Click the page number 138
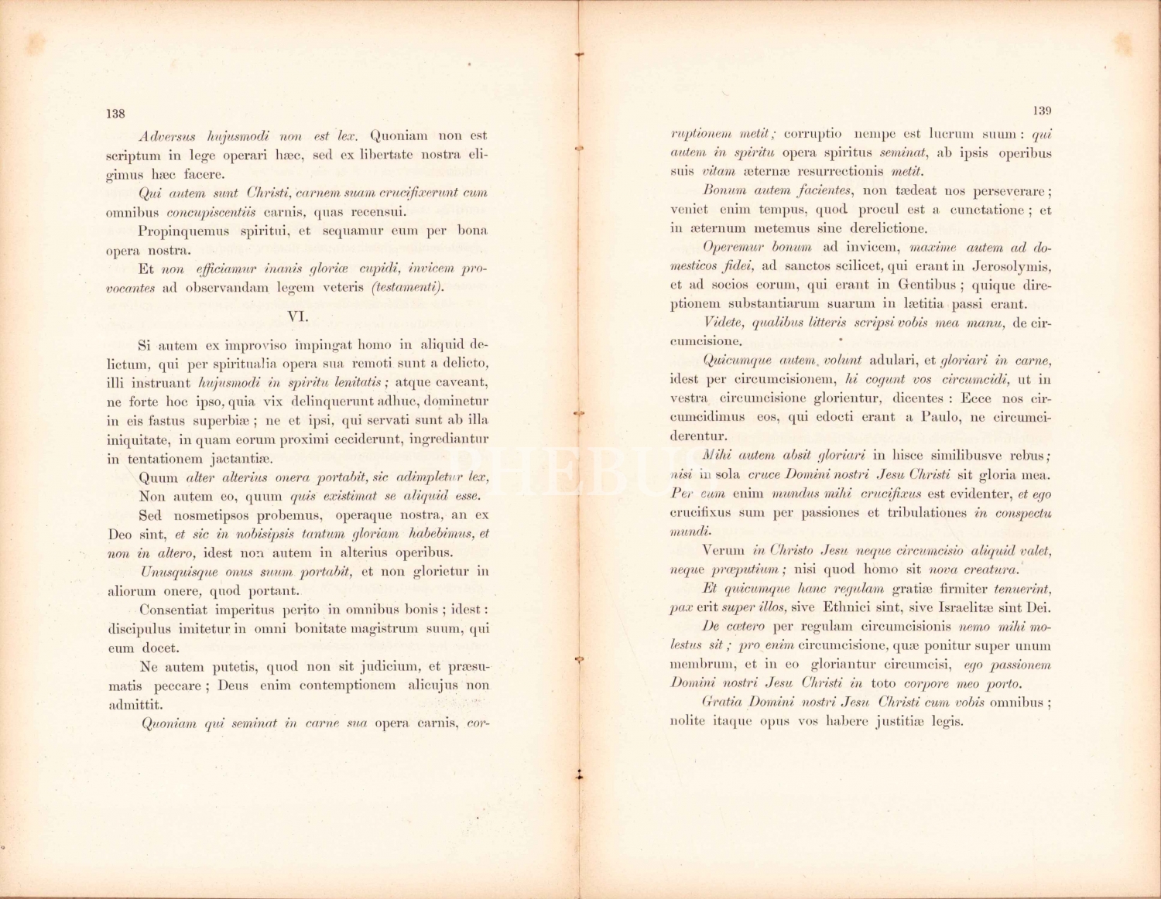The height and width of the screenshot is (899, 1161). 115,114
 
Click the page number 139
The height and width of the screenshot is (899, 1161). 1042,111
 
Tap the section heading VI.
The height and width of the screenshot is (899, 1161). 298,316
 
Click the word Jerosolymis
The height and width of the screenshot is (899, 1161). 1009,266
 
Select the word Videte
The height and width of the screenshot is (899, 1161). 725,323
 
